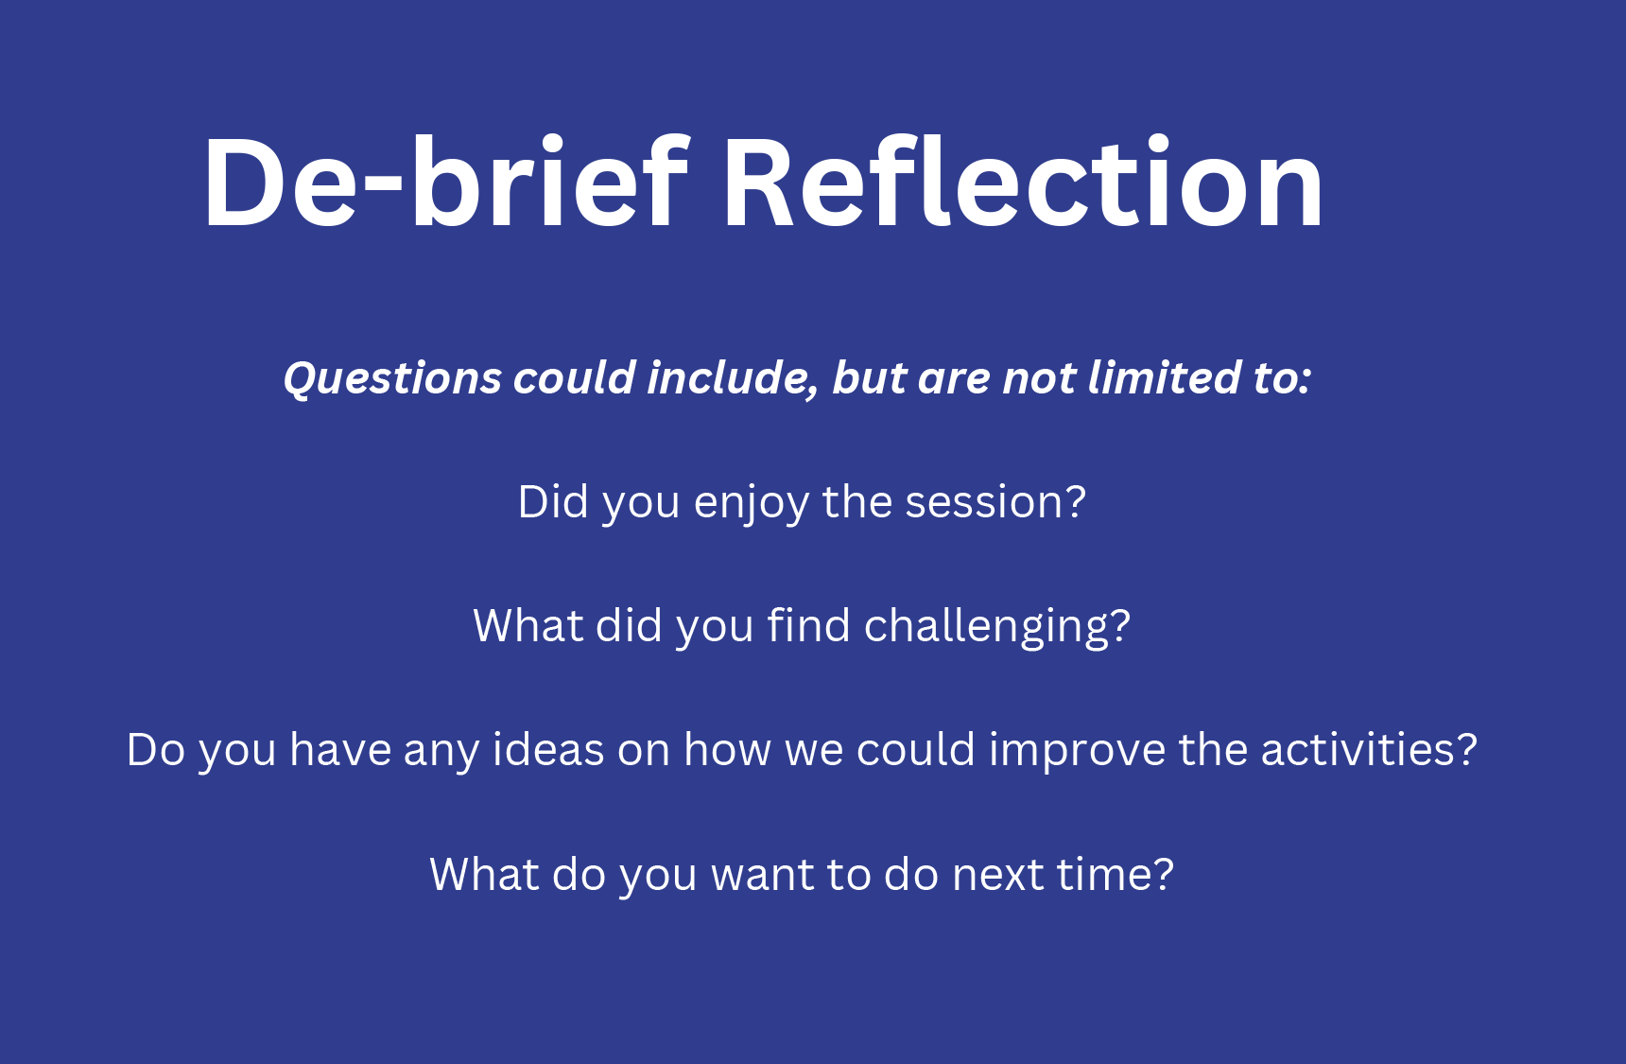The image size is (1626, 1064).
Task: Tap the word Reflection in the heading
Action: click(x=1024, y=182)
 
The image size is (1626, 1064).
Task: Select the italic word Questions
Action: click(x=392, y=378)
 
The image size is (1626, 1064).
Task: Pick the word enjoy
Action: click(x=752, y=503)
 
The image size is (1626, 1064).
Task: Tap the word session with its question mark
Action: click(x=995, y=502)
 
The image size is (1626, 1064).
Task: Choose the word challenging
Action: click(x=997, y=627)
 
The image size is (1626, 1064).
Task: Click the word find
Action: click(x=808, y=625)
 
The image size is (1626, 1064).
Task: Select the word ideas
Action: click(x=548, y=749)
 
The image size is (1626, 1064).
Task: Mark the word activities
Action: click(x=1369, y=749)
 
